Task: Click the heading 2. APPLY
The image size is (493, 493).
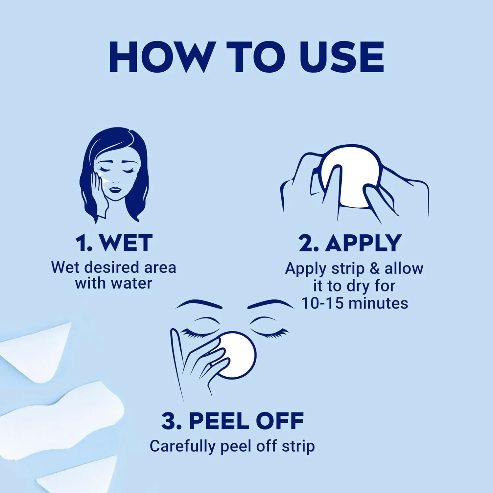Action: (350, 243)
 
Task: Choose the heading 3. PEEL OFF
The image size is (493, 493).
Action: (233, 421)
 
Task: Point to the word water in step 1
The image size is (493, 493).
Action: (131, 283)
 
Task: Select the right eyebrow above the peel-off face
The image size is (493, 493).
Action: (270, 304)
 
